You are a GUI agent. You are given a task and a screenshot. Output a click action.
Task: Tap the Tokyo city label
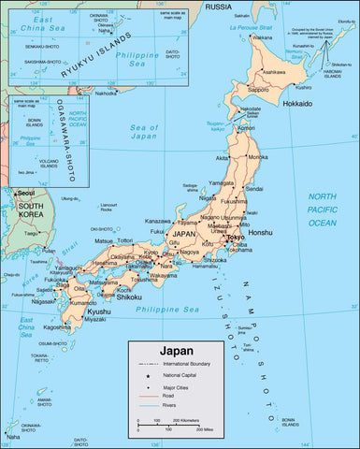[236, 239]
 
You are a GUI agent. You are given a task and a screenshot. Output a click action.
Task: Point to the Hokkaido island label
[291, 103]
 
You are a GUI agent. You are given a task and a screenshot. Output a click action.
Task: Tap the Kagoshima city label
[57, 326]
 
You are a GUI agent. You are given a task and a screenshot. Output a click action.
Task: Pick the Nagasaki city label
[42, 301]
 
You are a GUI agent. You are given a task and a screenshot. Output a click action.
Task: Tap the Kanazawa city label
[160, 221]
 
